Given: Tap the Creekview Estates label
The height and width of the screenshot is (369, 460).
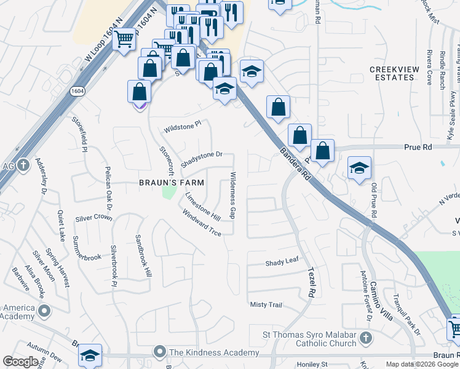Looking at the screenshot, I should [x=392, y=73].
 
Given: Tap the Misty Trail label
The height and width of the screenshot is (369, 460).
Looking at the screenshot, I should [x=266, y=305].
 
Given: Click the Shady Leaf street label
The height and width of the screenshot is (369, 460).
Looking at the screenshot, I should [x=282, y=262].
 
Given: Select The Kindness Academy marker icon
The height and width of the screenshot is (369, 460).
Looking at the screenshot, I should [x=160, y=352].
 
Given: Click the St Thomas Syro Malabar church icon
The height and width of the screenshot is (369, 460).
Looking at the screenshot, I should [x=365, y=338].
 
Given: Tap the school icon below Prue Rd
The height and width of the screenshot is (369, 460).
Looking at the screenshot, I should [x=359, y=168].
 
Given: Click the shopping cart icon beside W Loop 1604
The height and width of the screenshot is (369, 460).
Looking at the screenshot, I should [x=125, y=40].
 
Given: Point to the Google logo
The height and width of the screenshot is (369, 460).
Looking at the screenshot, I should [x=20, y=362].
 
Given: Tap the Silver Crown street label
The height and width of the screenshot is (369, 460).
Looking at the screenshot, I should [x=93, y=218].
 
